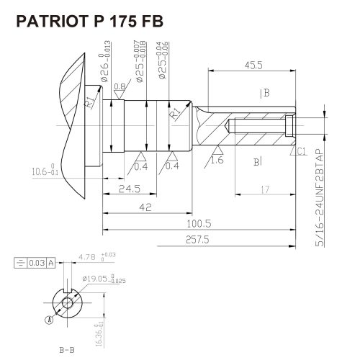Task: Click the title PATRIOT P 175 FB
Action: (89, 22)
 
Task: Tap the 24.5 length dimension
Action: (130, 189)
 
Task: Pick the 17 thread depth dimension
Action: (265, 189)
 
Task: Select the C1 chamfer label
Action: (302, 150)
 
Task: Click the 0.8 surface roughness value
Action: (121, 87)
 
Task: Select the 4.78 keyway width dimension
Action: (89, 256)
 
